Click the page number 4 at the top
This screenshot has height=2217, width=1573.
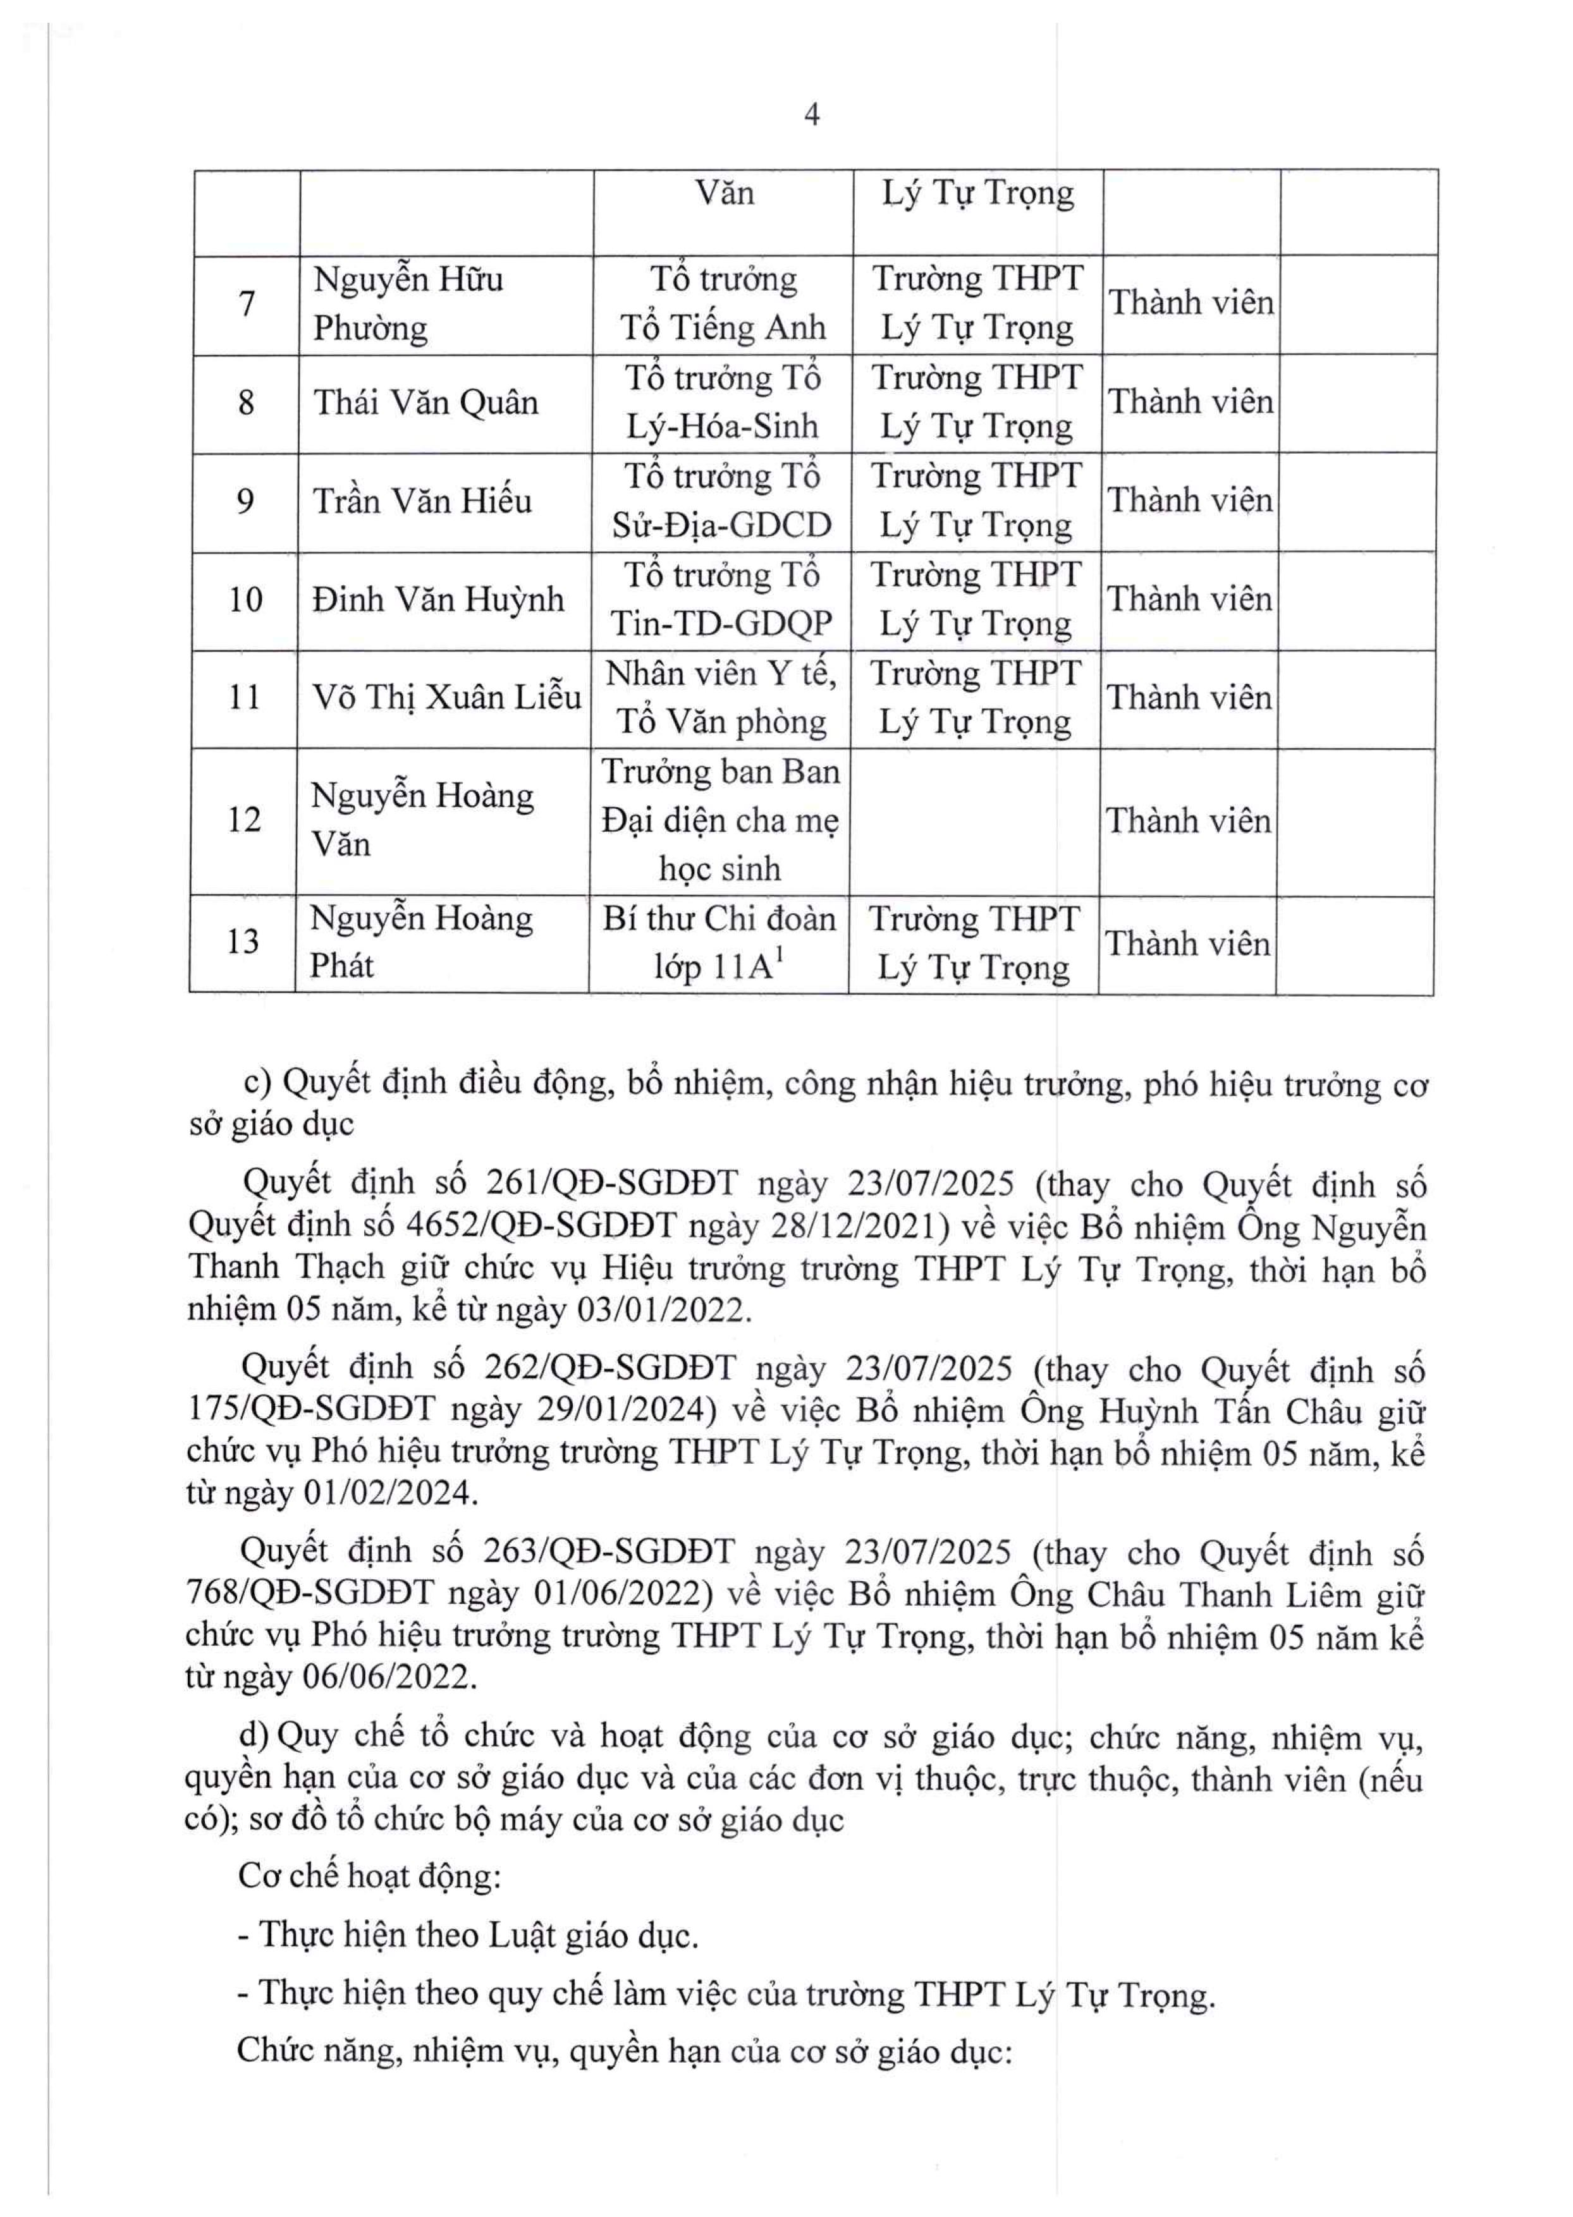[812, 115]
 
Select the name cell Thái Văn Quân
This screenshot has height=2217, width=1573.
[425, 403]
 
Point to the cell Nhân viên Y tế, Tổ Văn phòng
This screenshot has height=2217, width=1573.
[721, 698]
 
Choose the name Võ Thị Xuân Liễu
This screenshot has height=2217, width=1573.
[446, 698]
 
